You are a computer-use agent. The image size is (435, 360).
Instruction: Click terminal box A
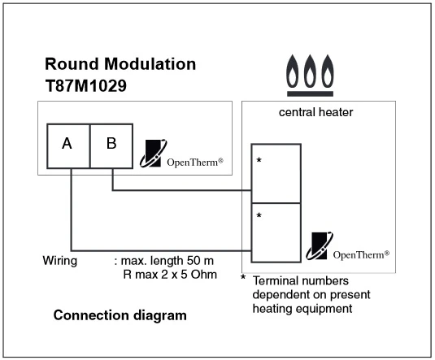(x=68, y=146)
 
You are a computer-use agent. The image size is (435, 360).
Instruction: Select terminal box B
(x=111, y=146)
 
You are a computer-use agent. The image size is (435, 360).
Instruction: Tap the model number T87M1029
(x=85, y=85)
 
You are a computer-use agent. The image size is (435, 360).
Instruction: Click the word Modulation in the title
(x=150, y=63)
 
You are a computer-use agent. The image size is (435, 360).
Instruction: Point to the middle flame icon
(x=310, y=71)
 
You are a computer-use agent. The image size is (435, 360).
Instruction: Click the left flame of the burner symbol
(x=293, y=71)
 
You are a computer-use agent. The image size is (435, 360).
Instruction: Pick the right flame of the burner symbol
(x=328, y=71)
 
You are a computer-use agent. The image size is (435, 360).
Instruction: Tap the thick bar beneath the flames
(x=310, y=93)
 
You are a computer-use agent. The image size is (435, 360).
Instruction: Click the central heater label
(x=315, y=112)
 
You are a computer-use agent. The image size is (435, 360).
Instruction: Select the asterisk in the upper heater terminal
(x=259, y=160)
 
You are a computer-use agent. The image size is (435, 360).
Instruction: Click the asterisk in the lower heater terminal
(x=259, y=215)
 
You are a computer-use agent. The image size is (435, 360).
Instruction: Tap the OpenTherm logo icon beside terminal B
(x=153, y=154)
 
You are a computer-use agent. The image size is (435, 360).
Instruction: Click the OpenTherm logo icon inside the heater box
(x=320, y=246)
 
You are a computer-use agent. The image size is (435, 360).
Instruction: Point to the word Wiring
(x=60, y=261)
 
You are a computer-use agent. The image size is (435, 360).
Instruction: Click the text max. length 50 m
(x=167, y=261)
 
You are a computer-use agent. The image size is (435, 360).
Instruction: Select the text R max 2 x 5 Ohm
(x=170, y=275)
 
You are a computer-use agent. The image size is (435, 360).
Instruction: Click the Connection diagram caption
(x=120, y=315)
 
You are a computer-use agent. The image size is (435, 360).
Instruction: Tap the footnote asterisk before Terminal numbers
(x=243, y=277)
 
